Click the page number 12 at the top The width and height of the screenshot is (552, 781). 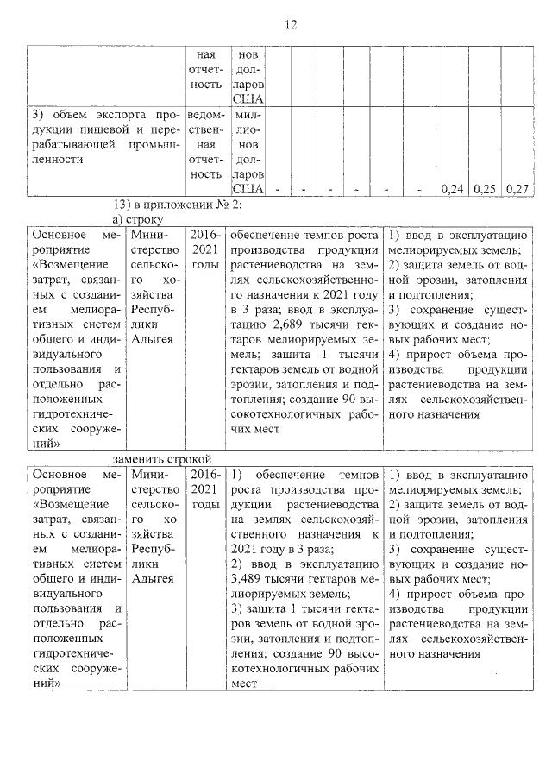click(x=291, y=25)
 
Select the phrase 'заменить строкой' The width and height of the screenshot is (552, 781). click(x=161, y=458)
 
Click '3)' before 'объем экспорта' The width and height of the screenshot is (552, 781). click(x=38, y=113)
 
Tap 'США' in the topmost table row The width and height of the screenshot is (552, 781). click(x=248, y=99)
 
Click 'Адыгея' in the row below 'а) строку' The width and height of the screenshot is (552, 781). click(x=154, y=338)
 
